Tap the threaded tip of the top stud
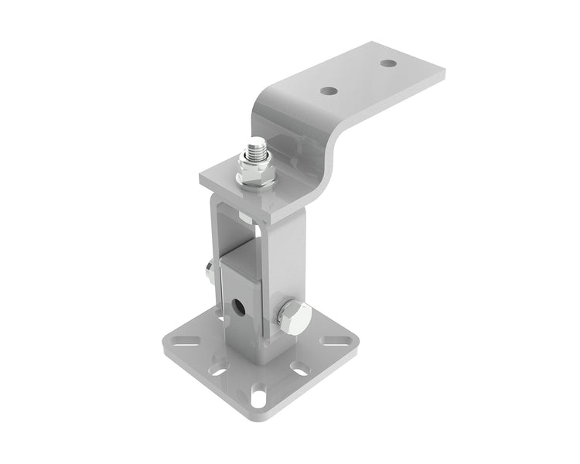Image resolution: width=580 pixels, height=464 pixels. coord(256,145)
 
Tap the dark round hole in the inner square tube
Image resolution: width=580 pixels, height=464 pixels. coord(241,304)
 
